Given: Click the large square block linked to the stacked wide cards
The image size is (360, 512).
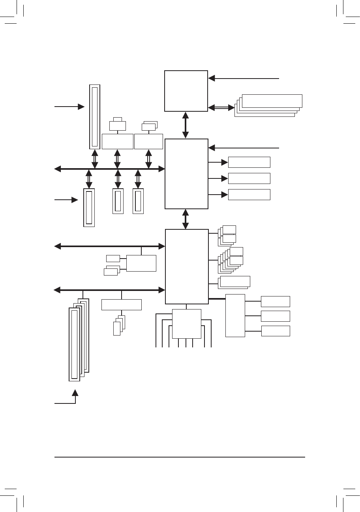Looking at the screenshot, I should tap(186, 91).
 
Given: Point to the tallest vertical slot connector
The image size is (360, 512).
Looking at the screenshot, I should tap(95, 116).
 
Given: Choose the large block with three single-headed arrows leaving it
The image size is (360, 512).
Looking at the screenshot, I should tap(186, 174).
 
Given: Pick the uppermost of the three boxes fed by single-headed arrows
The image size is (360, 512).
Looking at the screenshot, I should tap(249, 162).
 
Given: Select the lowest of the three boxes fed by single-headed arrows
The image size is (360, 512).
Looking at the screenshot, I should tap(249, 195).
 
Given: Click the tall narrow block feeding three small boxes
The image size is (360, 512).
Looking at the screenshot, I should tap(235, 315).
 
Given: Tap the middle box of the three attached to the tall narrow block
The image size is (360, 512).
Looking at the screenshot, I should tap(276, 316).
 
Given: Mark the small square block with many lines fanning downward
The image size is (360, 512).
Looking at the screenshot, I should tap(186, 324).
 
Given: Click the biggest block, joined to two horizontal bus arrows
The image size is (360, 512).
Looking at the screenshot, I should tap(186, 266).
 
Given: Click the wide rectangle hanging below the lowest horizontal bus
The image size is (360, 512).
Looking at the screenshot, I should tap(121, 305).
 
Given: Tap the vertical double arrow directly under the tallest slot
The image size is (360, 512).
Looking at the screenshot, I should tap(95, 159).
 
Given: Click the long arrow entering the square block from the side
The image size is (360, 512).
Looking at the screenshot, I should tap(244, 79).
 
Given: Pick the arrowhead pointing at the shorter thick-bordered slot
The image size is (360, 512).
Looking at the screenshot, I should tap(75, 200).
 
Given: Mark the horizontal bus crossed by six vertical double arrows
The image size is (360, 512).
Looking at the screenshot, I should tap(109, 169).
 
